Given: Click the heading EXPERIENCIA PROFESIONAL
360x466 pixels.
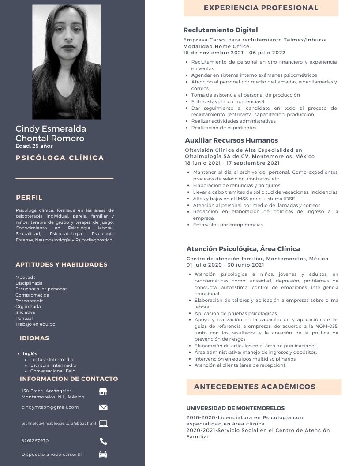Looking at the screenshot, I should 261,8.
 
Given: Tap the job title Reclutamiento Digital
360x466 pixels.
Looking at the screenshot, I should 221,30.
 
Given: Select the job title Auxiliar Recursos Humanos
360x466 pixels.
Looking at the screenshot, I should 231,140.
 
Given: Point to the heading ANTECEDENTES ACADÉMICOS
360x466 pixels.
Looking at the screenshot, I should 255,387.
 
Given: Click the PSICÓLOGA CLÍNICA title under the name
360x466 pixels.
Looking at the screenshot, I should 60,158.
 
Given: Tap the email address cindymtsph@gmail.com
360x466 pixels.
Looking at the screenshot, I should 50,407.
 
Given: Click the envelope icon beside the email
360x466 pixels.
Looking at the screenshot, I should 103,407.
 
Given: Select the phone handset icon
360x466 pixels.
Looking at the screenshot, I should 103,441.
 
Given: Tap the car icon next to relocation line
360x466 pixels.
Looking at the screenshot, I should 103,454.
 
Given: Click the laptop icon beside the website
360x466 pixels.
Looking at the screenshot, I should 103,424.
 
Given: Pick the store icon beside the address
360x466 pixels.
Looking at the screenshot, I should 103,391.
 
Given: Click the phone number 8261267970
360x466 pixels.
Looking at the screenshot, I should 35,441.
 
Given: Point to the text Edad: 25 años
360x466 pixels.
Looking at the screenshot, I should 34,146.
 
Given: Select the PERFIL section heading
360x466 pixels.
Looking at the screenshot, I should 29,198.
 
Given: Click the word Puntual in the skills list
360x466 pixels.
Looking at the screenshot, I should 24,318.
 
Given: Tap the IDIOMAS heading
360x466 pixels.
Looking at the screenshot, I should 34,338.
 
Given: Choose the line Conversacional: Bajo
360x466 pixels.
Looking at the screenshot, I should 53,371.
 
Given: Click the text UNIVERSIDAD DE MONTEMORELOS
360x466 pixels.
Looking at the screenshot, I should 235,408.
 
